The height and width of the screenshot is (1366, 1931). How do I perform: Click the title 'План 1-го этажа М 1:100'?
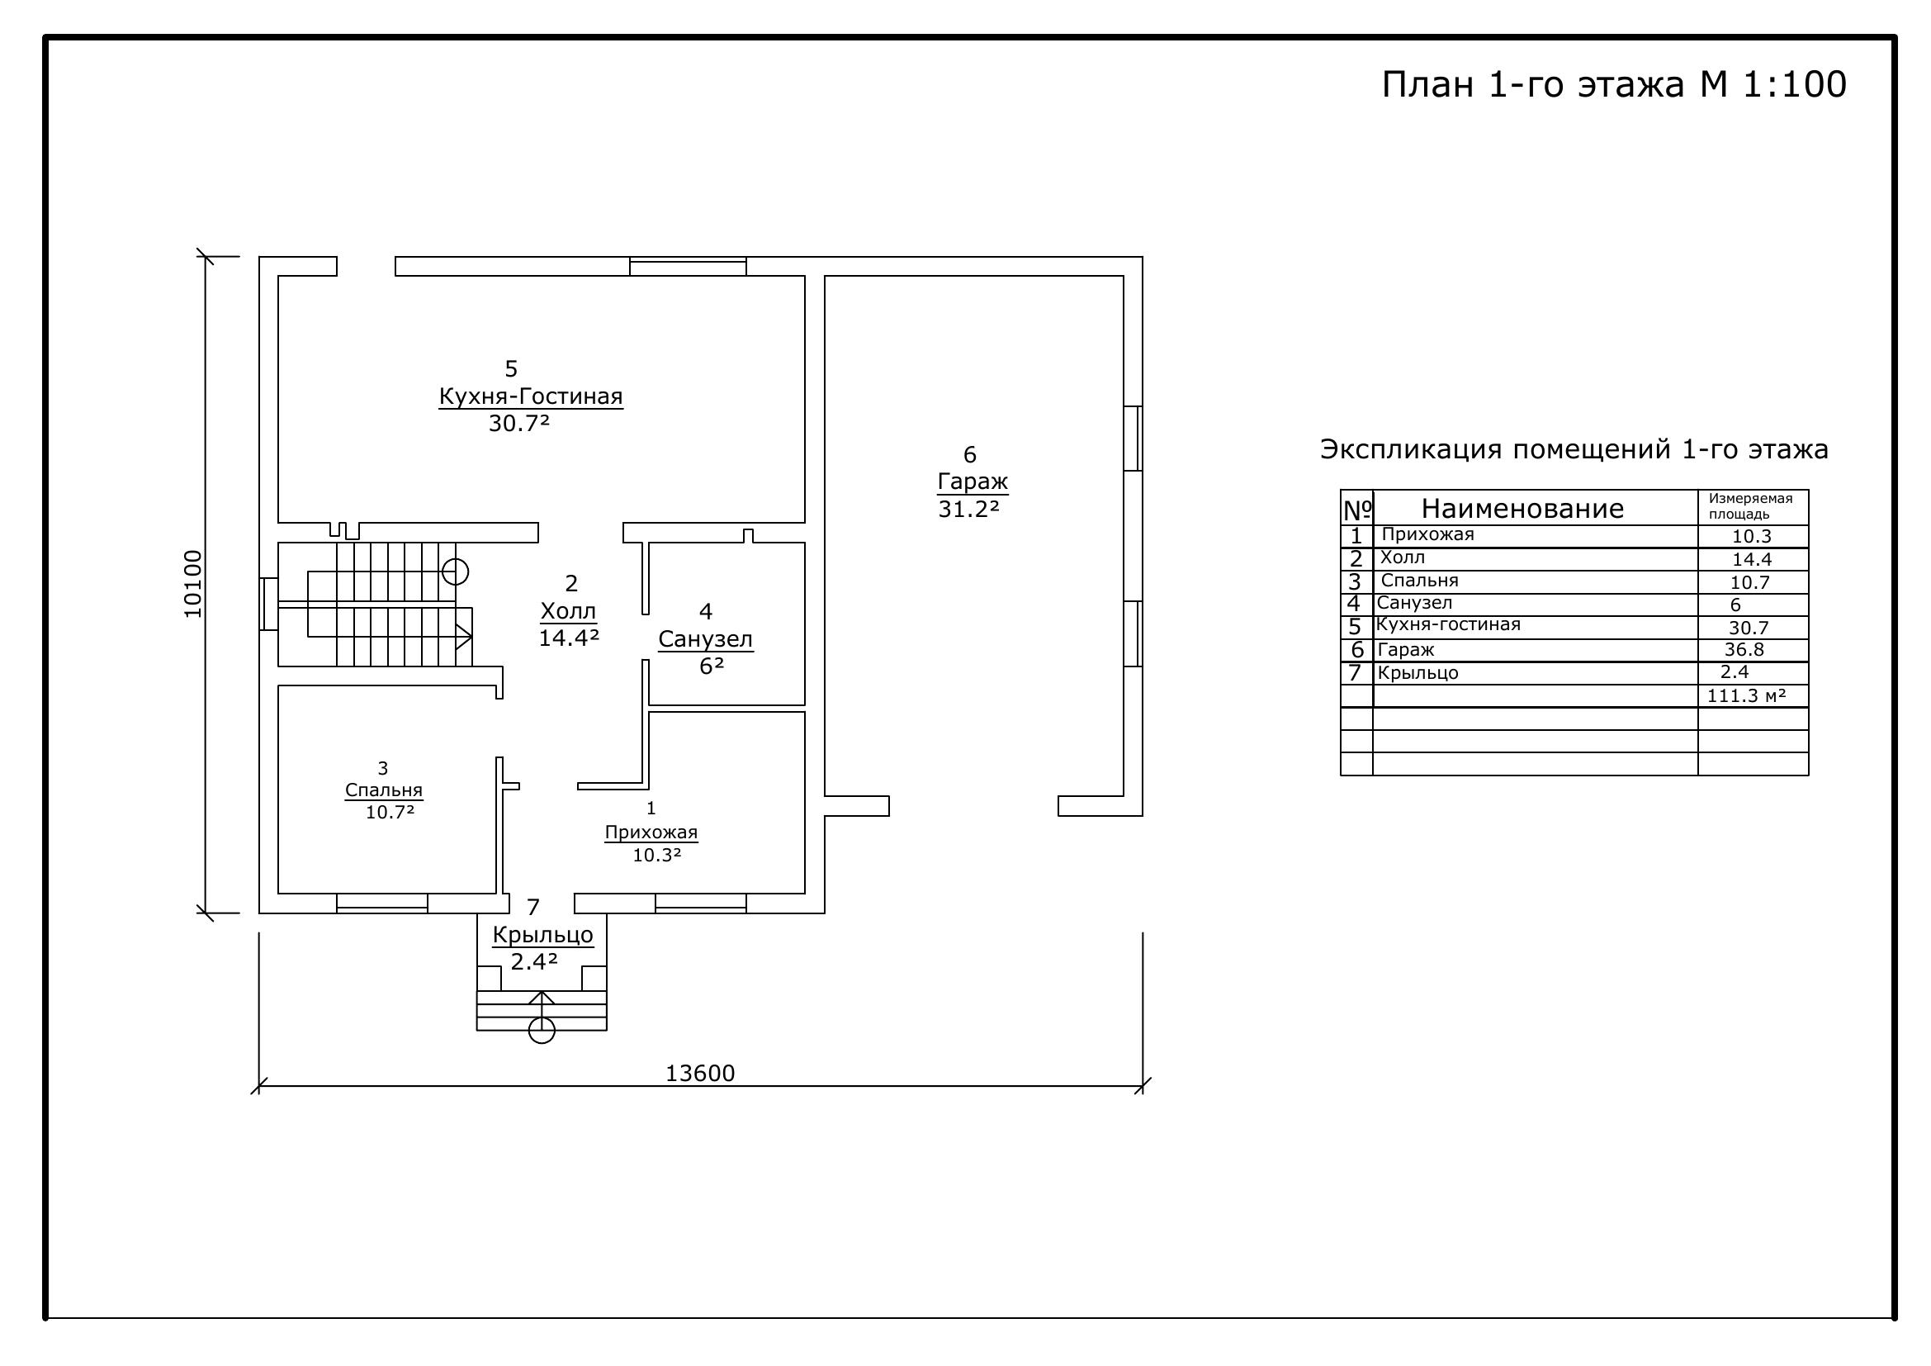click(x=1614, y=85)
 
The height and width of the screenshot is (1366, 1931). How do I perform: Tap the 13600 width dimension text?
click(x=700, y=1074)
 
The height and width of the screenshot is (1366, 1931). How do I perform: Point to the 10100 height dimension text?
click(x=193, y=584)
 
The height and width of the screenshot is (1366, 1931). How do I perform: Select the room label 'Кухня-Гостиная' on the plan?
click(x=531, y=396)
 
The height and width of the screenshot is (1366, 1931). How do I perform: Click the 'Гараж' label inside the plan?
click(x=973, y=482)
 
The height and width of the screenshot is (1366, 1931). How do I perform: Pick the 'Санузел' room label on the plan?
click(x=706, y=639)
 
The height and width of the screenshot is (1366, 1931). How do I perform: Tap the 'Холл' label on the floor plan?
click(x=568, y=610)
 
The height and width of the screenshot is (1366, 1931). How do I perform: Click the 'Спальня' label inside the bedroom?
click(x=384, y=790)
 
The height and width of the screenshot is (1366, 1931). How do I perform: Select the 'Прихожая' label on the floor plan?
click(x=651, y=832)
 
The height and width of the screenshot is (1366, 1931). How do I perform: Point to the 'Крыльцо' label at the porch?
click(x=543, y=935)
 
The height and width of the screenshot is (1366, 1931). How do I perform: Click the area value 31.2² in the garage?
click(x=968, y=509)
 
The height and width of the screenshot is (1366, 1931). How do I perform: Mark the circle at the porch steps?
click(x=542, y=1031)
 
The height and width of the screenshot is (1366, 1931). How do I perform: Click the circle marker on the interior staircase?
click(x=455, y=572)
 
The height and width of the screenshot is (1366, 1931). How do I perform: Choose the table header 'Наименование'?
click(x=1522, y=508)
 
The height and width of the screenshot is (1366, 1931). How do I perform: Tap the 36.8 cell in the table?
click(x=1744, y=649)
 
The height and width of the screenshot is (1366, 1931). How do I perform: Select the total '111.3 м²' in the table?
click(x=1746, y=695)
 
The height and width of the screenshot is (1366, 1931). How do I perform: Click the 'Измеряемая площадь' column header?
click(x=1750, y=506)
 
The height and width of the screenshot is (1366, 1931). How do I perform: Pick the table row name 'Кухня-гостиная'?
click(x=1448, y=625)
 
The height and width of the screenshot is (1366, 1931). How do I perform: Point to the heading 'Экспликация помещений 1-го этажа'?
click(x=1574, y=449)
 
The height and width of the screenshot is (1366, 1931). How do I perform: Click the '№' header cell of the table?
click(x=1357, y=509)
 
